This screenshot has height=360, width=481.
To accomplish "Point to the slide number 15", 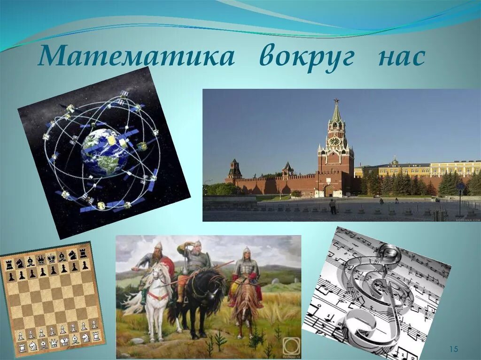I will (453, 349).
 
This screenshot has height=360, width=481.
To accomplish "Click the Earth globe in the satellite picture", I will (104, 152).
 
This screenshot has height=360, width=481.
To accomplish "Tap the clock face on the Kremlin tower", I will (334, 141).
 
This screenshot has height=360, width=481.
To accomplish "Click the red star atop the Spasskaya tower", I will (336, 100).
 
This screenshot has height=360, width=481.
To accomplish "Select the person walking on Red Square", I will (333, 207).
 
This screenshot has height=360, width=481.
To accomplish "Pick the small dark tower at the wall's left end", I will (234, 170).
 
